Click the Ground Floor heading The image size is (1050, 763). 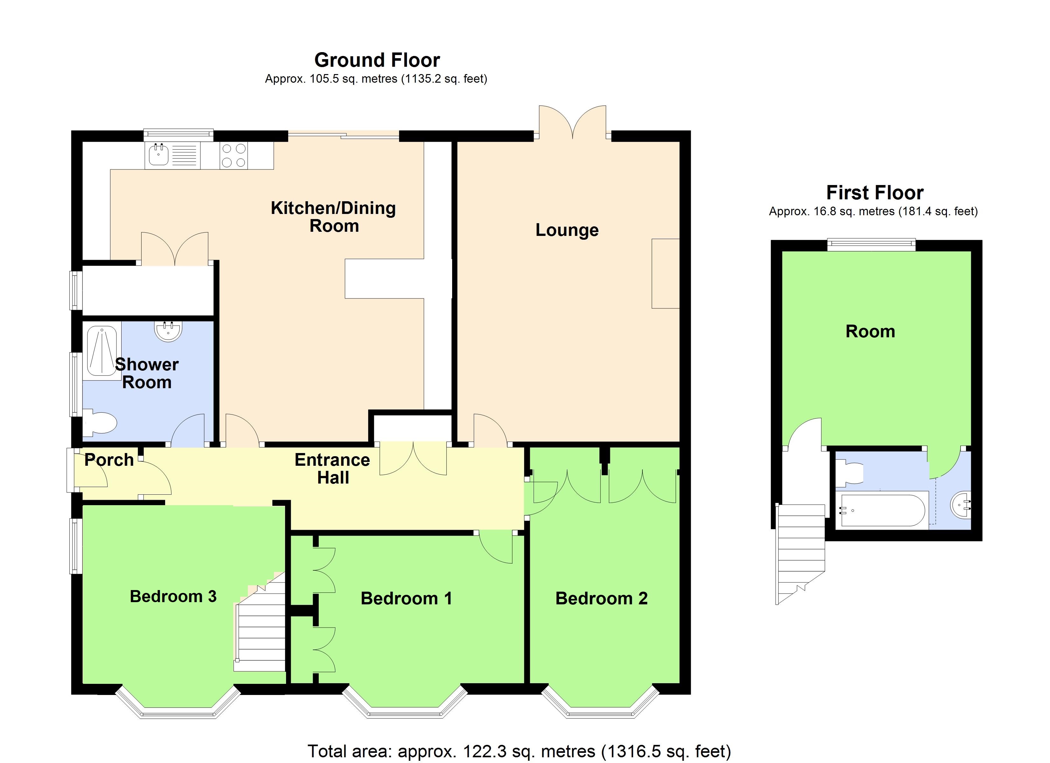coord(377,60)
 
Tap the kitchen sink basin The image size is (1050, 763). coord(159,155)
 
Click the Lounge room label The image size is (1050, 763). coord(567,230)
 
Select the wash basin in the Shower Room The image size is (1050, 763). coord(168,330)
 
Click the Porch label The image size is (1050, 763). coord(109,460)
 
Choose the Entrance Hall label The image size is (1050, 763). coord(332,468)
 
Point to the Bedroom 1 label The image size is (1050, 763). coord(406,598)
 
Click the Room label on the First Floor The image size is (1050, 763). coord(870,331)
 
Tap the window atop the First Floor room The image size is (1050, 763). coord(871,244)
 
